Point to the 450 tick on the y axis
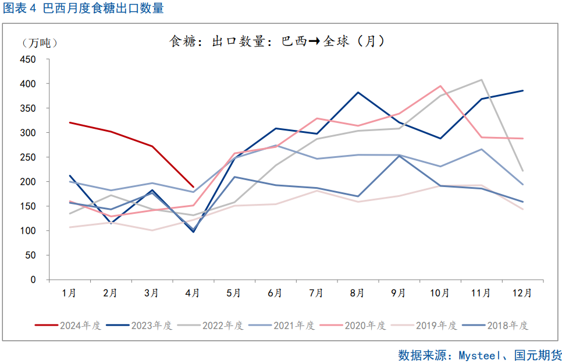[x=29, y=59]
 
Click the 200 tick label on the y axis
[x=29, y=182]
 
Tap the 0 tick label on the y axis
[x=34, y=280]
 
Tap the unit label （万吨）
[x=40, y=43]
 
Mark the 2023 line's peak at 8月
[x=358, y=93]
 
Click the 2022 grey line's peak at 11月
[x=481, y=80]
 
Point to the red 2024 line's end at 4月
[x=193, y=187]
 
